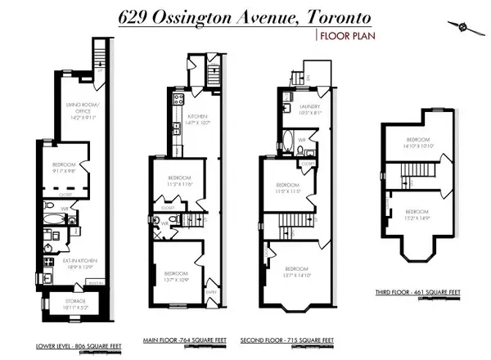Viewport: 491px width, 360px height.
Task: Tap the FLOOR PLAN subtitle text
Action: [343, 35]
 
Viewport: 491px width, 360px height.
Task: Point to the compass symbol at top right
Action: [470, 27]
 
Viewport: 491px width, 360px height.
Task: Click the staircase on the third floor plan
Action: [412, 173]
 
